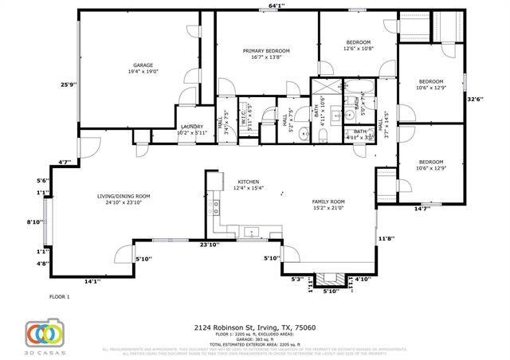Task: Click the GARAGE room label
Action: (143, 65)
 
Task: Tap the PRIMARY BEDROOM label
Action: (266, 51)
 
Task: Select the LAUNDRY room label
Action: (191, 127)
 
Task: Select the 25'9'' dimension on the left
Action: (69, 84)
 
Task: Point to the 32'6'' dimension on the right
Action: (475, 99)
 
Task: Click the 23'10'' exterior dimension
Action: (210, 245)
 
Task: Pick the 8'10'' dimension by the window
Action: (35, 222)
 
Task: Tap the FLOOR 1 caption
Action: (60, 297)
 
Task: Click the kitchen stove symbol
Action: (215, 209)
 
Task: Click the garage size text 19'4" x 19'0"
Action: (143, 71)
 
